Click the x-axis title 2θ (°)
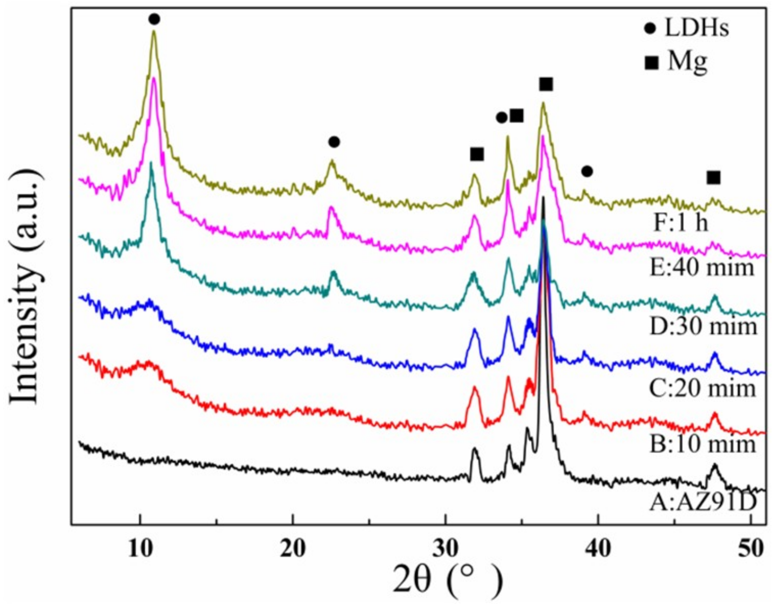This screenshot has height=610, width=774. [x=448, y=581]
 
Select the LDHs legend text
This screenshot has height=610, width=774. [x=696, y=28]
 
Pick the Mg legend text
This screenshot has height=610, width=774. [x=688, y=62]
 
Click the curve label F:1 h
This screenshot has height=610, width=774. [x=681, y=223]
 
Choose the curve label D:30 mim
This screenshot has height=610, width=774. [x=703, y=326]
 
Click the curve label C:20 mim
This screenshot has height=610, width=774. [x=702, y=388]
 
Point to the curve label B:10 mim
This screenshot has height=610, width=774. [x=702, y=444]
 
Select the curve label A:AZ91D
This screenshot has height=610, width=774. [x=702, y=503]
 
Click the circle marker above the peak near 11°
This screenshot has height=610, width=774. [x=154, y=19]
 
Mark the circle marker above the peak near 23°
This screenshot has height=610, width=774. [x=334, y=142]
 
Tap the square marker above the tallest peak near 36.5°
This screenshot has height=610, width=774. [x=546, y=84]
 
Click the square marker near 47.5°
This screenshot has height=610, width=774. [x=713, y=178]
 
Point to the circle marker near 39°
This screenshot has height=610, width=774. [x=587, y=171]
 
